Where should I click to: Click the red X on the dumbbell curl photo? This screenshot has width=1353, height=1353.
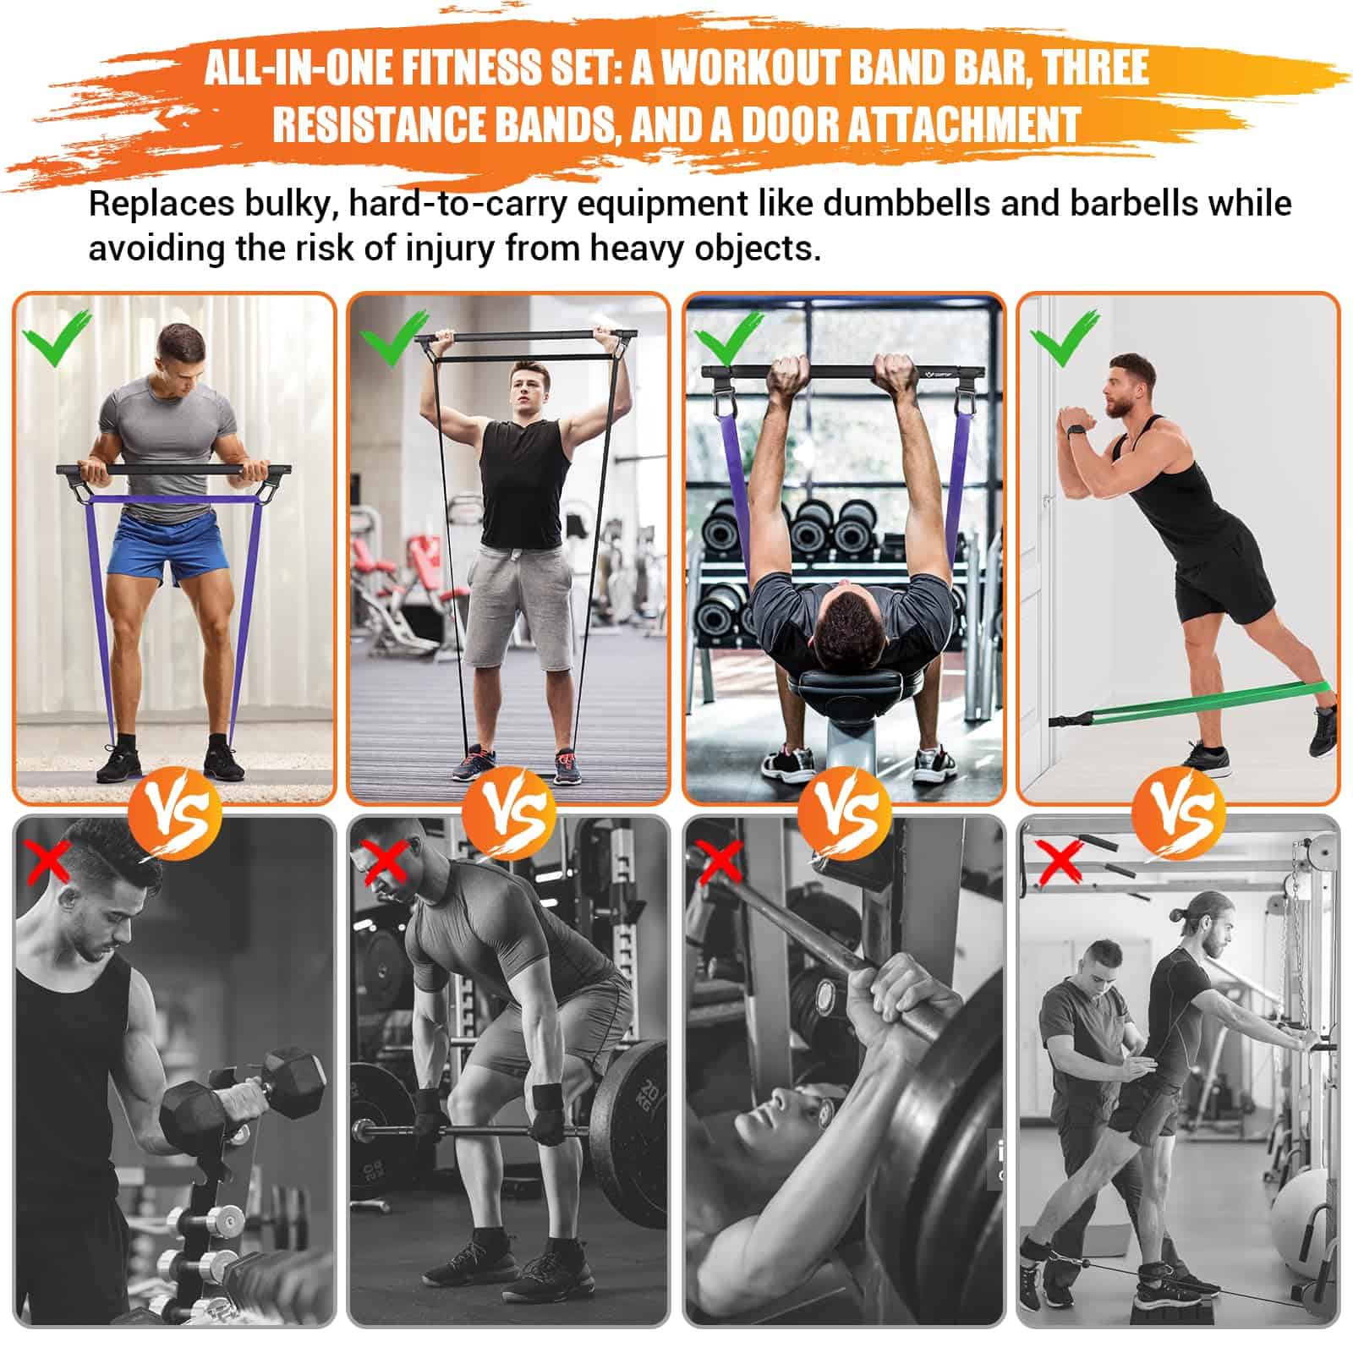pos(49,861)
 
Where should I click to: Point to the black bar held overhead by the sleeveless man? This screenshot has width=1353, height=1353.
pos(525,336)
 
